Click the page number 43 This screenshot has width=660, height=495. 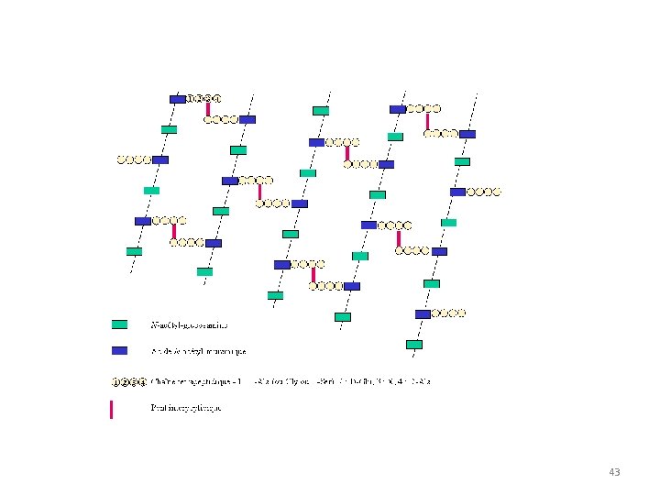(614, 472)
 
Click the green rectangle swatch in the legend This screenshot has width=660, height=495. (119, 324)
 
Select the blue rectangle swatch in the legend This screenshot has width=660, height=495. (119, 350)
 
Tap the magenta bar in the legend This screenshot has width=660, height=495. (112, 409)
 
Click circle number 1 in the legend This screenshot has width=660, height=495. (115, 381)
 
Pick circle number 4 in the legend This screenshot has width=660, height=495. (142, 381)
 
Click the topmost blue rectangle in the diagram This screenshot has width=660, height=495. (178, 99)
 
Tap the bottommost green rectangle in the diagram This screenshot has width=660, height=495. (414, 345)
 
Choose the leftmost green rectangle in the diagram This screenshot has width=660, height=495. (134, 251)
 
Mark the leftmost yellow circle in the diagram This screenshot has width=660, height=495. (121, 159)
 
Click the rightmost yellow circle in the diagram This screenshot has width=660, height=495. (498, 192)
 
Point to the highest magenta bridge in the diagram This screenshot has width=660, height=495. (208, 108)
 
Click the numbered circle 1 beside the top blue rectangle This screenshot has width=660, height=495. (191, 98)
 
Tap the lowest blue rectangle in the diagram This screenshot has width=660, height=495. (423, 313)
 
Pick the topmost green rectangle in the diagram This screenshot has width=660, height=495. (321, 111)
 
